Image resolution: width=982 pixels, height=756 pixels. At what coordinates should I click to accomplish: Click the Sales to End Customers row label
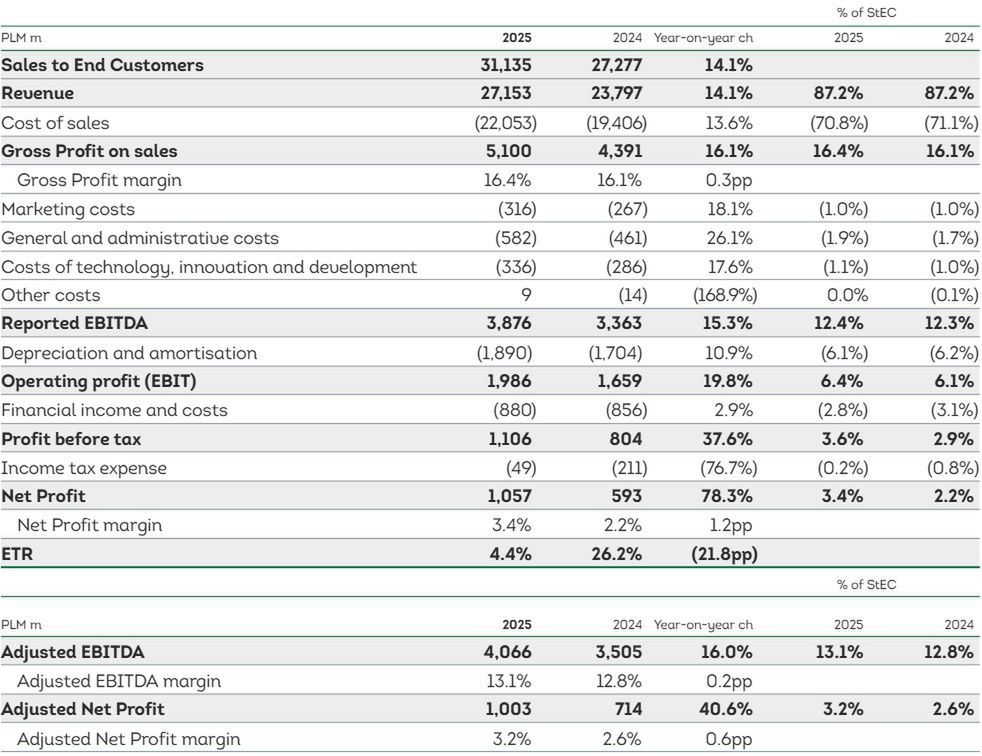[102, 65]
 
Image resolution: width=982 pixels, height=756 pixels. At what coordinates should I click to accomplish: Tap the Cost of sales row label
[56, 123]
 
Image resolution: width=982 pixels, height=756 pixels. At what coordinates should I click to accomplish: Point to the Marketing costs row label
[68, 209]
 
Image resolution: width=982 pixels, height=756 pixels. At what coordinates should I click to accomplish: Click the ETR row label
[18, 554]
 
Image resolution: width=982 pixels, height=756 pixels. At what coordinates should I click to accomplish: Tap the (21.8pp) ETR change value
[722, 554]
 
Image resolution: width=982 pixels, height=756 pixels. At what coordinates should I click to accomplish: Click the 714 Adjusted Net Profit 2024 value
[628, 710]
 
